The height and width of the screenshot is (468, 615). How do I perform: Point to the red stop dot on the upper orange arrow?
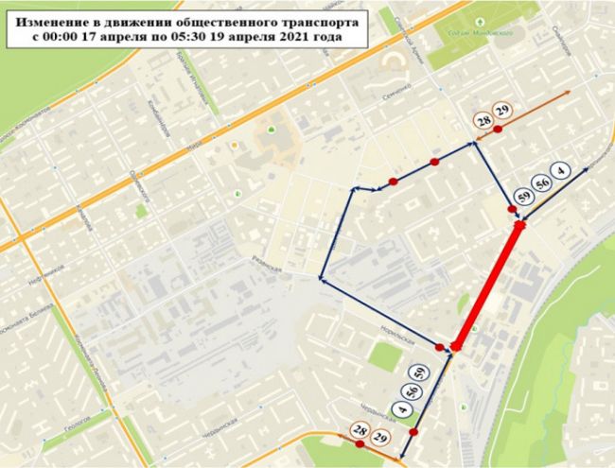499,130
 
